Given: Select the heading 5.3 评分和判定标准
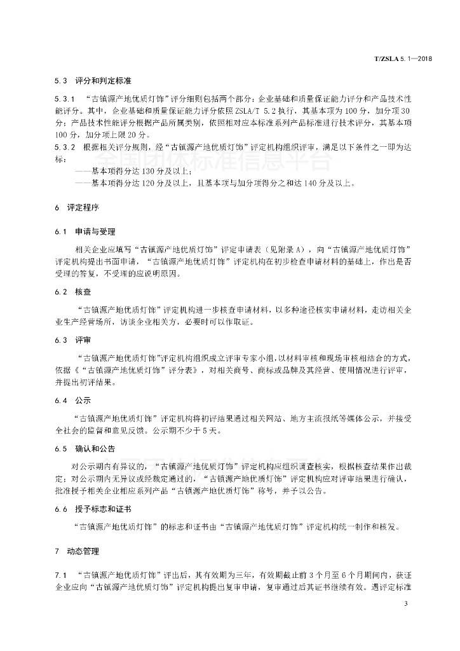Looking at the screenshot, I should pos(92,81).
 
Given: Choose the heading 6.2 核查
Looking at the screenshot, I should pos(69,292).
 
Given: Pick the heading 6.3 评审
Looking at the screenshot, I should pos(69,340).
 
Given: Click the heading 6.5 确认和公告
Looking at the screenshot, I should pos(85,449).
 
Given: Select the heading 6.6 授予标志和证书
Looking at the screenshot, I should pos(92,510).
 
